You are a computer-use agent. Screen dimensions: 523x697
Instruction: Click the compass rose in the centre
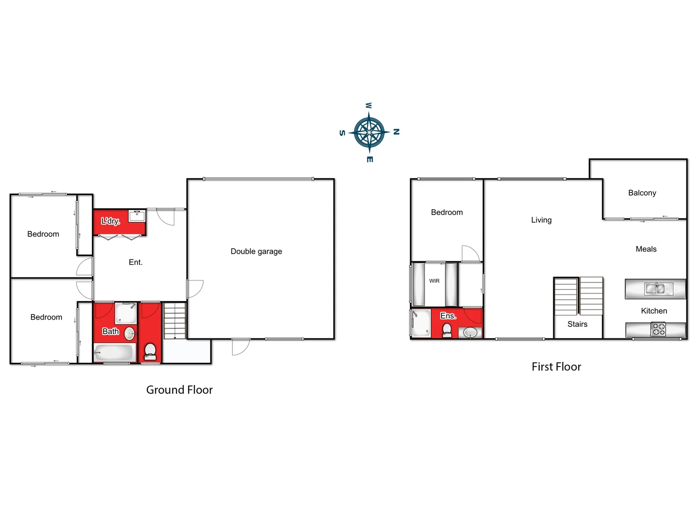coord(369,132)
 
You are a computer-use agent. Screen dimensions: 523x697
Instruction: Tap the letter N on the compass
coord(396,132)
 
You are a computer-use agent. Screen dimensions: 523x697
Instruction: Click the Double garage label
coord(256,251)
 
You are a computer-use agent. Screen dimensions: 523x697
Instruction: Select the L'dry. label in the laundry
coord(110,221)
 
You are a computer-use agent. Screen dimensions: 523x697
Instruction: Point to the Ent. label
coord(136,262)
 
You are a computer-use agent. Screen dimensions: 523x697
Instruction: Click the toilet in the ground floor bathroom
coord(150,351)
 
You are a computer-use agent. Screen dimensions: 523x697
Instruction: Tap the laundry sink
coord(137,215)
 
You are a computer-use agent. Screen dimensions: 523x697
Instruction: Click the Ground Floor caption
coord(179,390)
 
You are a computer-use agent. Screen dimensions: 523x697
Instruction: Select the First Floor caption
coord(556,367)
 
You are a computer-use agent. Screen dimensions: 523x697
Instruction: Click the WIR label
coord(434,281)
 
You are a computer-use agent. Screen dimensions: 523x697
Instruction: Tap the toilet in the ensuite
coord(447,330)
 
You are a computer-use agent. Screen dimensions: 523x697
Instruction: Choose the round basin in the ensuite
coord(470,333)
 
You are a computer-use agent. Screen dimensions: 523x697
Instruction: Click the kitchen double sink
coord(655,289)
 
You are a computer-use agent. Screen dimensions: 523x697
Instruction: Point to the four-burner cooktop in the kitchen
coord(658,330)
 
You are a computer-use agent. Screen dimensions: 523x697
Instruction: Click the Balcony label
coord(642,193)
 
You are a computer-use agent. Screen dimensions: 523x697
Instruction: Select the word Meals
coord(646,249)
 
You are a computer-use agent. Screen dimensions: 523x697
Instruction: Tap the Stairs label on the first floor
coord(577,324)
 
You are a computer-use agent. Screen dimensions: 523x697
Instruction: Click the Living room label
coord(541,220)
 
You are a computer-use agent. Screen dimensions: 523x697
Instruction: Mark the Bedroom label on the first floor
coord(447,212)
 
